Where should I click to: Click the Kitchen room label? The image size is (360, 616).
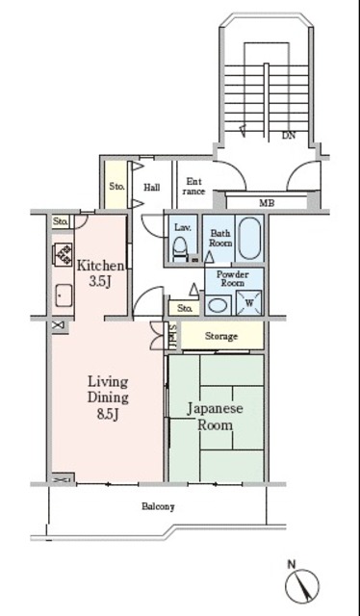point(100,266)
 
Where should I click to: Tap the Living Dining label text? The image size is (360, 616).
point(108,389)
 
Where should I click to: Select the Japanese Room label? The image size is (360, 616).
point(215,417)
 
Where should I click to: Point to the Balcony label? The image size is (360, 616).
point(158,506)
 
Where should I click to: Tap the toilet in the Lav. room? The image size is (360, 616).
point(181,248)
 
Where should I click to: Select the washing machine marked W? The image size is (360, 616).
point(248,302)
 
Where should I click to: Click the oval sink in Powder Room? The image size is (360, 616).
point(218,306)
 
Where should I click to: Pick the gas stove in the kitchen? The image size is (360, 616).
point(64,254)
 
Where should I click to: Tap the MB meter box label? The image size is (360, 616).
point(267,203)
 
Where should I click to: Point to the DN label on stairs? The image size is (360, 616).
point(289,136)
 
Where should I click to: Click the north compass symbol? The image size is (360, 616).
point(302,586)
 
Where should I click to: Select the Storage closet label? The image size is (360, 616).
point(221,336)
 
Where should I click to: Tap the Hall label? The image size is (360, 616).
point(151,188)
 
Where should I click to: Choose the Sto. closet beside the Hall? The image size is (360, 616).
point(116,185)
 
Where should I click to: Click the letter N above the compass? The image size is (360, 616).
point(292,565)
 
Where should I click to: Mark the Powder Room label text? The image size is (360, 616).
point(233,278)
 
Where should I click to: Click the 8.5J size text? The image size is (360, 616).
point(108,415)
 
